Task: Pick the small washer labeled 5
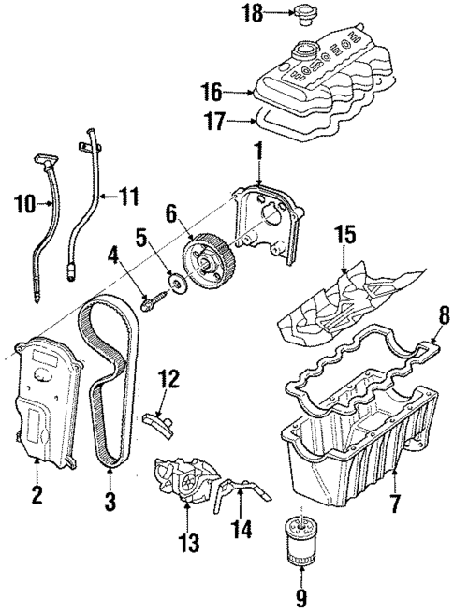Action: (173, 284)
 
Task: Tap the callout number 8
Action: (444, 317)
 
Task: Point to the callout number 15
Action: (346, 233)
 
